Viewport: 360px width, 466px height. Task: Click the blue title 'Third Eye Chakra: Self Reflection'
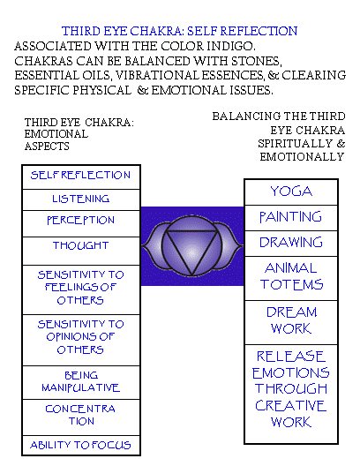click(179, 31)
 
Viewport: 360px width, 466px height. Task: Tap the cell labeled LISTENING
click(81, 199)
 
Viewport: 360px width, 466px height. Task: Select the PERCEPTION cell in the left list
click(81, 224)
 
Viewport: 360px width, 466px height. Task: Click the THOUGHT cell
click(81, 252)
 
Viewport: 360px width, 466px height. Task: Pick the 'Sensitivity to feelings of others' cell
click(81, 289)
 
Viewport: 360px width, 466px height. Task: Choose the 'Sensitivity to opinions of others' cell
click(81, 340)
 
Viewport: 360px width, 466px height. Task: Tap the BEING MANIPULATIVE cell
click(81, 382)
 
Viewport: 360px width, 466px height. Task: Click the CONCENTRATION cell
click(81, 417)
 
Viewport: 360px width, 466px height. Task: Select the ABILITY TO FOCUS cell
click(81, 445)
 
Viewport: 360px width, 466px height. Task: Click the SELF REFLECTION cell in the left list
click(81, 177)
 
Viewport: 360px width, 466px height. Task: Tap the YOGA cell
click(291, 192)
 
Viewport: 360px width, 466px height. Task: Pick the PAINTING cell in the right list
click(291, 218)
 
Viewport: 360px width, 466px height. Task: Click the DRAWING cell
click(291, 244)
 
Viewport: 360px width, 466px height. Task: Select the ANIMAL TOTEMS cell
click(291, 278)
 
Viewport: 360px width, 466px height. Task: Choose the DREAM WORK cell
click(291, 322)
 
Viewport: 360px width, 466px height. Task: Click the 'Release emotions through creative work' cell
click(291, 395)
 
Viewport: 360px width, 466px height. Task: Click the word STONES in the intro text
click(257, 61)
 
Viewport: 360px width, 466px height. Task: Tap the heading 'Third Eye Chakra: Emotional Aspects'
click(79, 134)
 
